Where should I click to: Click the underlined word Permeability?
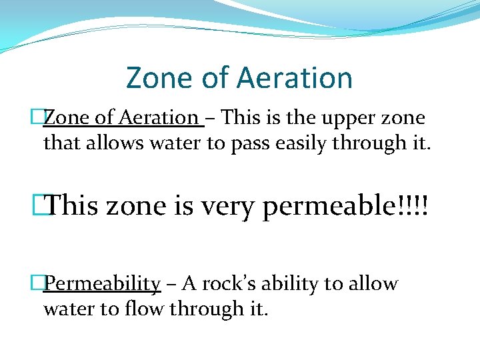(x=102, y=285)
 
